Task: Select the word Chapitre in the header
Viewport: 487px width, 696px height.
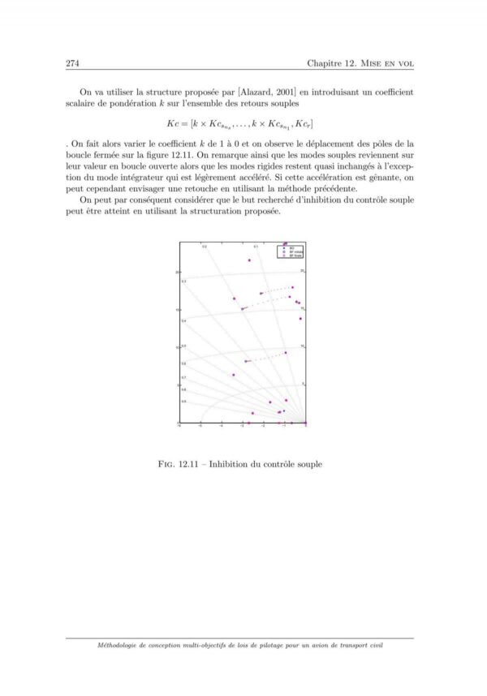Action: [326, 63]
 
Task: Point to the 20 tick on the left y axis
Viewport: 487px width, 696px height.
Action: [177, 272]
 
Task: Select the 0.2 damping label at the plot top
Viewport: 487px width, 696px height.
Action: [205, 246]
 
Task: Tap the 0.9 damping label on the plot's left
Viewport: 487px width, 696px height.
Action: [183, 402]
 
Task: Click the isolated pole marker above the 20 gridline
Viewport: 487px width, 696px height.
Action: [249, 260]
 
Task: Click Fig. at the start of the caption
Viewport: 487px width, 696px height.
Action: [173, 465]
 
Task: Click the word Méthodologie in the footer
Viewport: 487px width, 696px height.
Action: [122, 646]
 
